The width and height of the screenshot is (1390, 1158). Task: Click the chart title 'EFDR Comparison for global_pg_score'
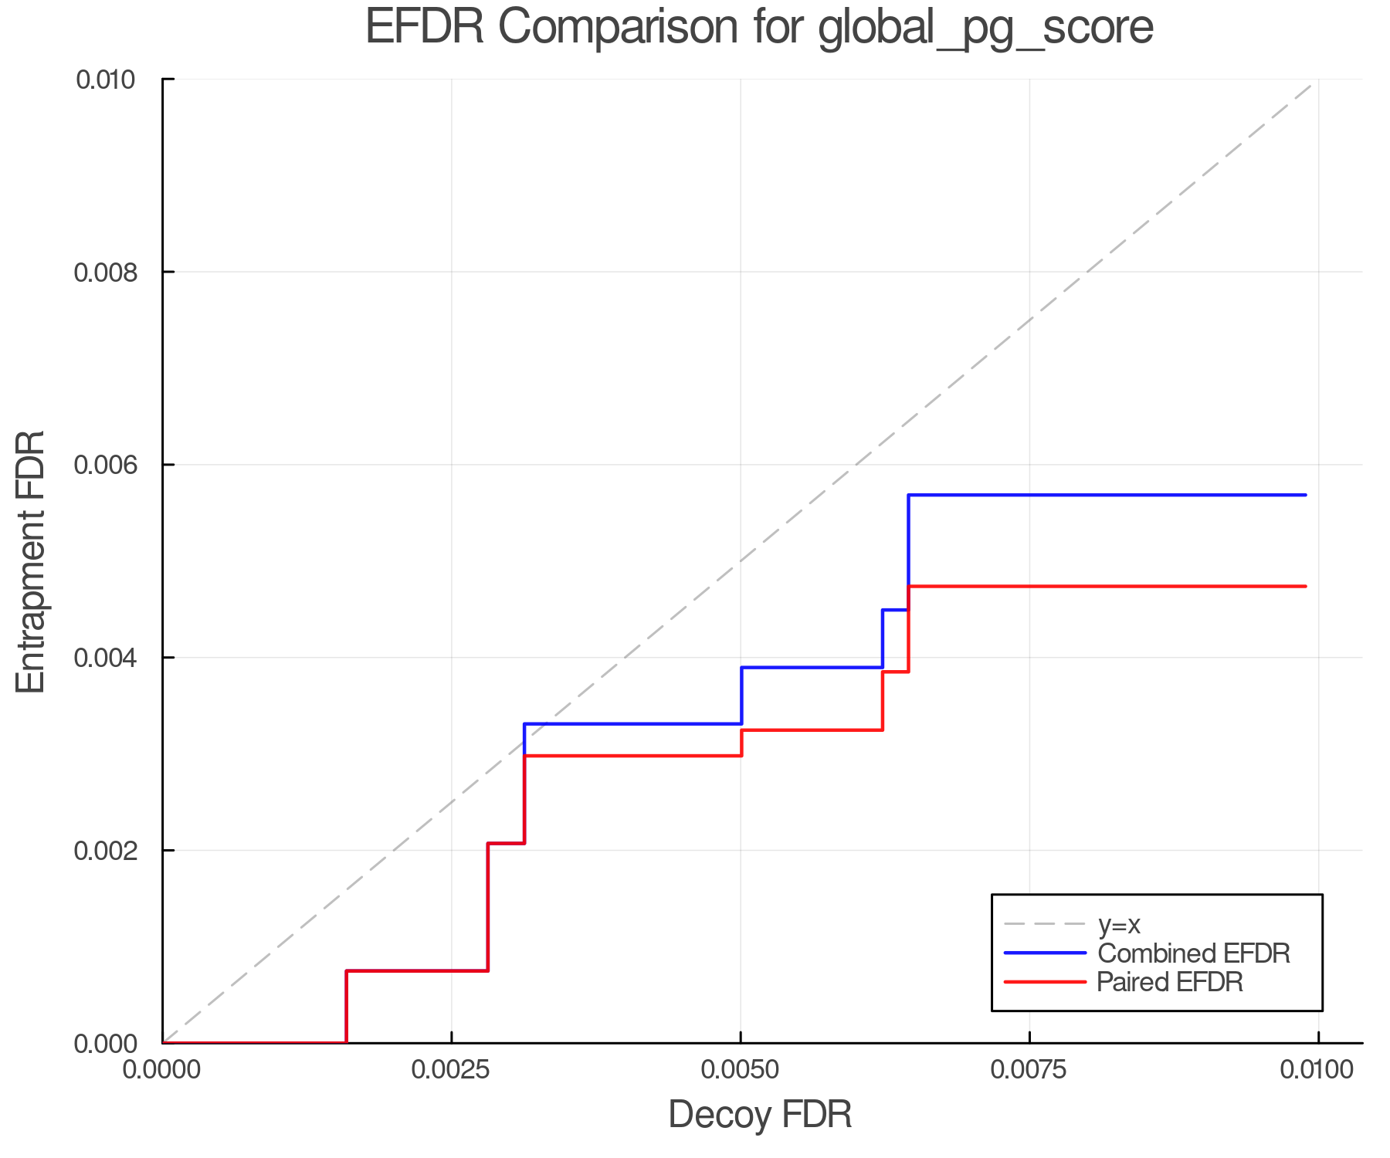click(x=759, y=27)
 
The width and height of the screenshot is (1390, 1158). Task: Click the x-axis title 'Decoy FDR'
click(x=759, y=1114)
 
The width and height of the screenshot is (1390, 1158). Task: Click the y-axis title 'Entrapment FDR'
click(x=32, y=561)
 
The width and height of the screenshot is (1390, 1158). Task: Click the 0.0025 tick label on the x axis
click(x=452, y=1069)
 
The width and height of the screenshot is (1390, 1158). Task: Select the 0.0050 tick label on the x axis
click(x=741, y=1069)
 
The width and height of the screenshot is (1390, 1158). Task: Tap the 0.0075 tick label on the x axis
click(x=1029, y=1069)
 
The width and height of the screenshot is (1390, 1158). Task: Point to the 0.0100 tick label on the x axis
click(x=1317, y=1069)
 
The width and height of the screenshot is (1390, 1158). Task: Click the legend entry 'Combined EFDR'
click(x=1193, y=953)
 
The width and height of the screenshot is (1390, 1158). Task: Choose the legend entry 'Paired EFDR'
click(x=1169, y=982)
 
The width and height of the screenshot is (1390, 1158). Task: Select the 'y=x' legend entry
click(x=1119, y=924)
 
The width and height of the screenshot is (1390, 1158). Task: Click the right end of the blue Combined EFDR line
click(x=1306, y=495)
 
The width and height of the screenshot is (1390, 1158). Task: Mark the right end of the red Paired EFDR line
click(x=1306, y=587)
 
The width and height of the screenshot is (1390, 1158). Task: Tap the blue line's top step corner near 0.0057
click(x=909, y=495)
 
